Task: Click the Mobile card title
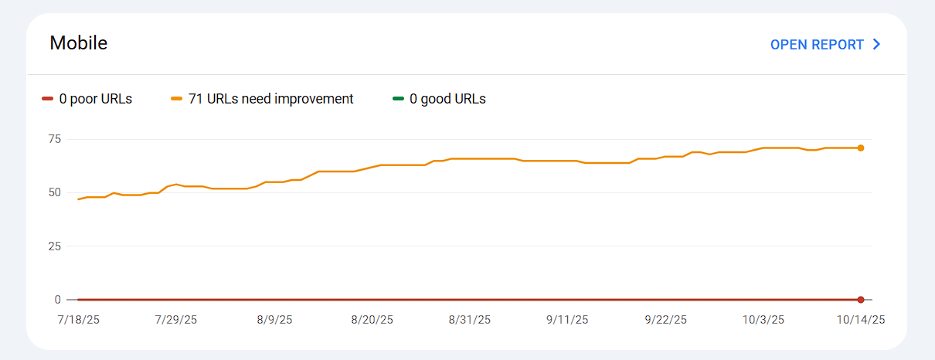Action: point(78,43)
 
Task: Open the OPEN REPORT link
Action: point(817,45)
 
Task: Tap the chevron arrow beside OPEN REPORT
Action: point(876,45)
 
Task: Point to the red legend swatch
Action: point(48,99)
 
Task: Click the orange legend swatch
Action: point(177,99)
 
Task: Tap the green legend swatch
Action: point(399,99)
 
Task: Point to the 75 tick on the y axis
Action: point(54,139)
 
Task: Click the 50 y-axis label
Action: point(54,192)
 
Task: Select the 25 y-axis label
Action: point(54,246)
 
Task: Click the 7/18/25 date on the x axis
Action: point(78,319)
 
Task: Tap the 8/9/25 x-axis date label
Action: point(274,319)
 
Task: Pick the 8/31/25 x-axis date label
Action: point(470,319)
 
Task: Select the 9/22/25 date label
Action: point(665,319)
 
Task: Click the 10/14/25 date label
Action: point(860,319)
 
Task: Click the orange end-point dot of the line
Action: point(860,148)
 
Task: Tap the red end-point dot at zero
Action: point(860,299)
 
